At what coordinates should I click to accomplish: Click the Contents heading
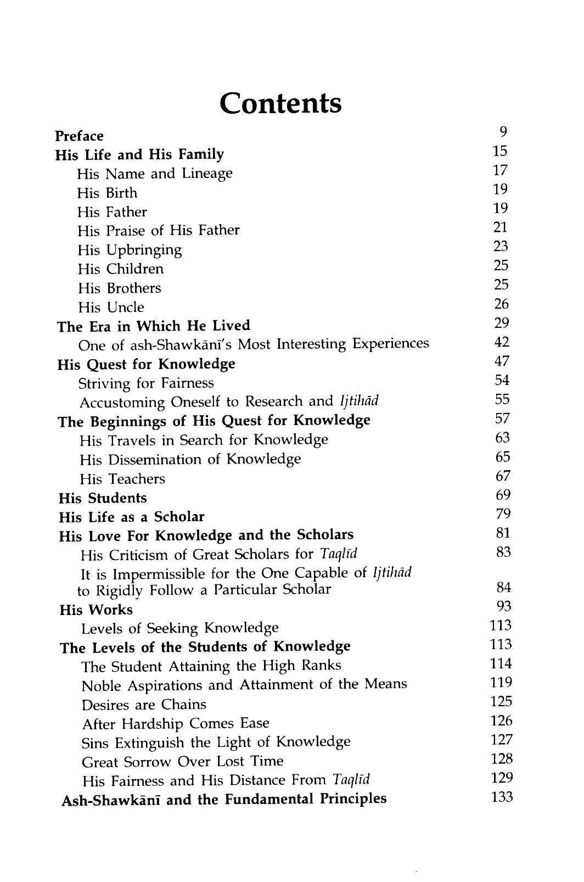click(280, 103)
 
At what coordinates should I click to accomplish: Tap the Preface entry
click(79, 136)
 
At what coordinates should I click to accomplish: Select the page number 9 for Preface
click(503, 131)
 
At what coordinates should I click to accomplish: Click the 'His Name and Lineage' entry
click(155, 174)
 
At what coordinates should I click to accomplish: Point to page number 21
click(501, 227)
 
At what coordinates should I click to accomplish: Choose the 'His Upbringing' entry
click(130, 250)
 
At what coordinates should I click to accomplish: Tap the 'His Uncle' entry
click(111, 307)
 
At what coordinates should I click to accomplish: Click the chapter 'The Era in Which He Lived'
click(154, 326)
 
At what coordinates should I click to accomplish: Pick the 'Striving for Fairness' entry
click(146, 383)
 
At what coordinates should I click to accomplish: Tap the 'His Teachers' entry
click(122, 479)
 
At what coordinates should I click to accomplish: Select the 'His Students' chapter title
click(103, 498)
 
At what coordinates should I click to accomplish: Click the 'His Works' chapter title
click(96, 610)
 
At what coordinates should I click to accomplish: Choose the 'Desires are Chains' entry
click(144, 705)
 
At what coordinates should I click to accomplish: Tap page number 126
click(501, 721)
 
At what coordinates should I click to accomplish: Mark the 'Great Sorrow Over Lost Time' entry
click(182, 762)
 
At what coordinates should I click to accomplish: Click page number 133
click(501, 797)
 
